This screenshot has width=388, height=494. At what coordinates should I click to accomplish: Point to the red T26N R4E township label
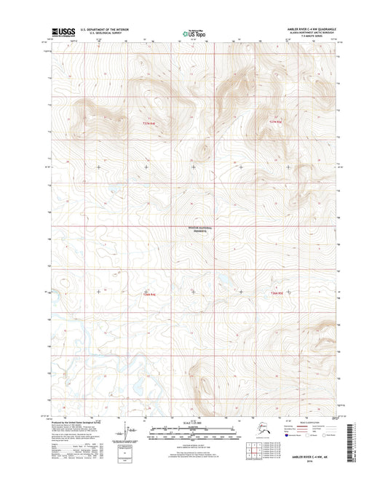pos(149,295)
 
